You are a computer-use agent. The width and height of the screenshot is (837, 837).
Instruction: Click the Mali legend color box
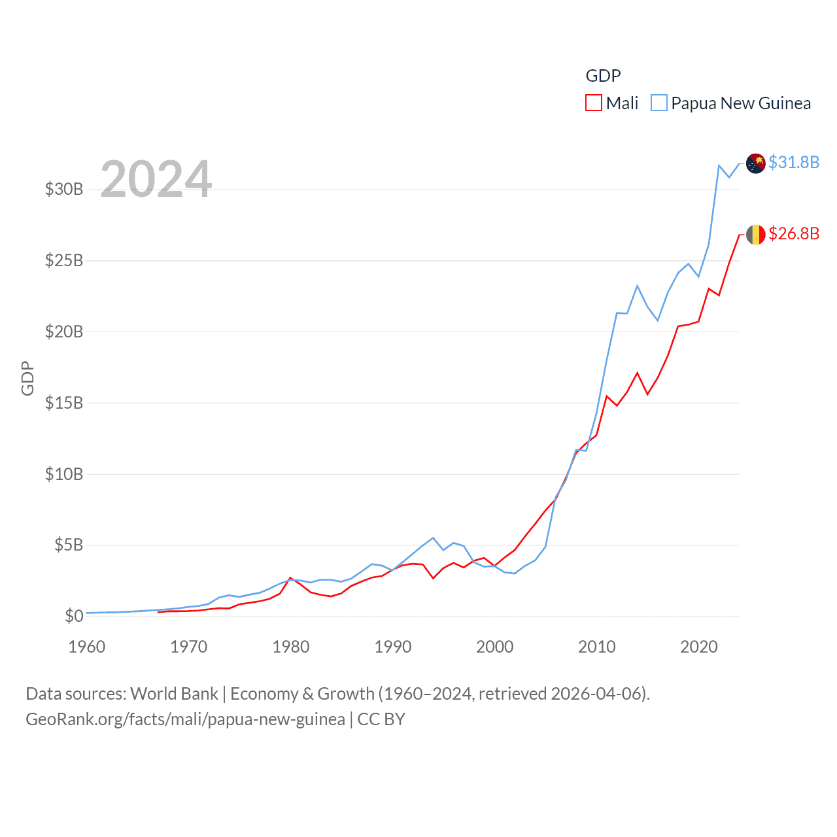[593, 103]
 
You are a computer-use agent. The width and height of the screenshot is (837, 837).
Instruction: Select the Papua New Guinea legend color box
[659, 103]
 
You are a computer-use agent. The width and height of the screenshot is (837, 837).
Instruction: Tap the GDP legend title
[603, 76]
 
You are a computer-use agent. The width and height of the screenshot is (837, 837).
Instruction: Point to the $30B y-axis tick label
[64, 190]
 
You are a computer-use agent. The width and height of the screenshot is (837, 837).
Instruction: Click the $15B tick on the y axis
[64, 403]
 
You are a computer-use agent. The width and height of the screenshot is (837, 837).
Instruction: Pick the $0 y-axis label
[74, 616]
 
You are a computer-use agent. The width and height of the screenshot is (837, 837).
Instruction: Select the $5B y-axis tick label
[69, 545]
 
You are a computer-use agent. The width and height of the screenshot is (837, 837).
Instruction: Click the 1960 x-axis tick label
[87, 647]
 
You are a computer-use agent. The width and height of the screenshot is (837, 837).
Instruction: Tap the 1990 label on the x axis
[393, 647]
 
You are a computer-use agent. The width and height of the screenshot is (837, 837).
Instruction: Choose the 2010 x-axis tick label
[597, 647]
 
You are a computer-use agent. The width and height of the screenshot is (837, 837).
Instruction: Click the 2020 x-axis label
[699, 647]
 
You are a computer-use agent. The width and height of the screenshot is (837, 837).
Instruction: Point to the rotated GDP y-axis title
[27, 378]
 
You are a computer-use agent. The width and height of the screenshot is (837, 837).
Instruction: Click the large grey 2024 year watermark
[156, 179]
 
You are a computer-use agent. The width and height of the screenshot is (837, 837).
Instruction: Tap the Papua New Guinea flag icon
[755, 163]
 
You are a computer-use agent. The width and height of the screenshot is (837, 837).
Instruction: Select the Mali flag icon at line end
[755, 234]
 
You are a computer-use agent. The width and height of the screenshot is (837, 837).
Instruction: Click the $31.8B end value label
[794, 162]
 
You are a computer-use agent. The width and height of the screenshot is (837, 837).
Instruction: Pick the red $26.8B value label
[794, 233]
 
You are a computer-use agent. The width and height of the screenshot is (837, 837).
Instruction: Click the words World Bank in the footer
[174, 694]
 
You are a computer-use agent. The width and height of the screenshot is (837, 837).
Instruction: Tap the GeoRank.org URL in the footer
[185, 719]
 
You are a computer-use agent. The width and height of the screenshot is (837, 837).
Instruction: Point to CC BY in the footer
[381, 719]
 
